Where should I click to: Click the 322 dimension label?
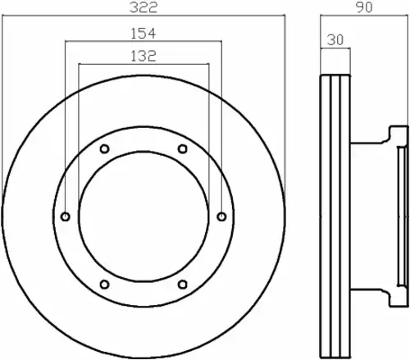pyautogui.click(x=143, y=7)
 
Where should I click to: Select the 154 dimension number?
pyautogui.click(x=143, y=34)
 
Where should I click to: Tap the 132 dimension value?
pyautogui.click(x=143, y=56)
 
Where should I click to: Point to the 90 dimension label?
pyautogui.click(x=364, y=7)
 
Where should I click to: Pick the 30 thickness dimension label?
pyautogui.click(x=335, y=40)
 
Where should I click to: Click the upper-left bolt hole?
pyautogui.click(x=105, y=149)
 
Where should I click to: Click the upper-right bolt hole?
pyautogui.click(x=183, y=149)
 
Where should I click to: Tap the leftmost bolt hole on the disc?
pyautogui.click(x=66, y=216)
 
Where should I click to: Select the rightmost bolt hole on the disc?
pyautogui.click(x=221, y=216)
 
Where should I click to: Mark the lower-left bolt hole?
pyautogui.click(x=105, y=285)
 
